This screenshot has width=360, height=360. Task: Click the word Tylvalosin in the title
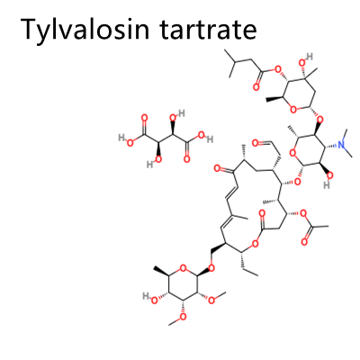[85, 30]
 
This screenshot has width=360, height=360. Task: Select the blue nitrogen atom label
[342, 145]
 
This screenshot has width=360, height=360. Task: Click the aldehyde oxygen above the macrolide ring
[256, 143]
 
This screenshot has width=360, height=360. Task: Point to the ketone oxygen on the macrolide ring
[218, 169]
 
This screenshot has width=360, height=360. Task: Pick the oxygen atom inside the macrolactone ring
[256, 244]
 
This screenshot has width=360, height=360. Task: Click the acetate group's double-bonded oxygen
[304, 242]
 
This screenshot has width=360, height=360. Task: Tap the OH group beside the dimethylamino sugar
[328, 179]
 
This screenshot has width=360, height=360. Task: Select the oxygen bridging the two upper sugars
[320, 121]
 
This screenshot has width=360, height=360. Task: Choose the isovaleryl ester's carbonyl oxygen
[256, 87]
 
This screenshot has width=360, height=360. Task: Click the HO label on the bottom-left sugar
[150, 299]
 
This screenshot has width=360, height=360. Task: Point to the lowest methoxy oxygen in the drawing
[183, 316]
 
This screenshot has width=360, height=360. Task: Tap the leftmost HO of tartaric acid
[126, 140]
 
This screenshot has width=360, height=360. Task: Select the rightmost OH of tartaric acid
[205, 139]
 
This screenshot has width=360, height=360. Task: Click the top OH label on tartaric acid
[177, 115]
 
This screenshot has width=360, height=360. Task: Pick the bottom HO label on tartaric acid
[154, 161]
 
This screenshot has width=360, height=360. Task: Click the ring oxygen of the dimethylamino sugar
[293, 154]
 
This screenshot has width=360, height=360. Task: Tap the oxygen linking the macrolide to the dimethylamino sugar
[298, 181]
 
